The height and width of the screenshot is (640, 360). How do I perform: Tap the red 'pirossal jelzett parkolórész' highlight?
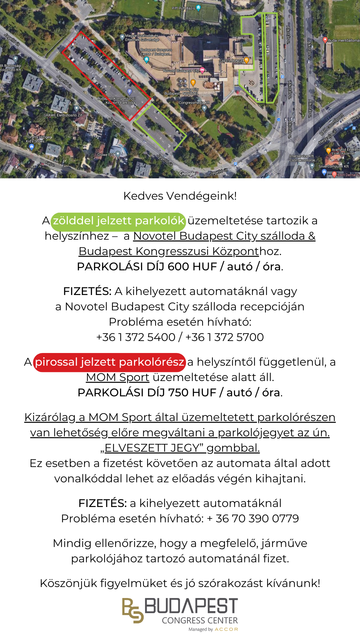tap(109, 362)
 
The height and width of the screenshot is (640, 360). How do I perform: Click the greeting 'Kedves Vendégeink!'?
tap(180, 196)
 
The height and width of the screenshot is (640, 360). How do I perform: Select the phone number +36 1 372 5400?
tap(136, 337)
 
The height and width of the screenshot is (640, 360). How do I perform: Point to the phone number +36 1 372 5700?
tap(224, 337)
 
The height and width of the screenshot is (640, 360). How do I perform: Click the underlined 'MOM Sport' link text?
tap(117, 378)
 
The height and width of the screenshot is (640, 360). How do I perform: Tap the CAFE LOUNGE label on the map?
tap(231, 61)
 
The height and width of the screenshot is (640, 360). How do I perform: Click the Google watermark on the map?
tap(187, 173)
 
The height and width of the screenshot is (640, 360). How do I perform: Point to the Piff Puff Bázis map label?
tap(183, 8)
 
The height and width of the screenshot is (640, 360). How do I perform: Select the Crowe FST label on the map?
tap(106, 155)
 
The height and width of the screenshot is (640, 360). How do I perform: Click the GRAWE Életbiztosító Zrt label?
tap(63, 115)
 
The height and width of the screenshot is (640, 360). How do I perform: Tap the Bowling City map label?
tap(189, 89)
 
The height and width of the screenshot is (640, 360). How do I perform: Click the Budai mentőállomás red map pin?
tap(325, 40)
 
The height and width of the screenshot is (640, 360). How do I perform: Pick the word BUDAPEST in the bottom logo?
tap(191, 606)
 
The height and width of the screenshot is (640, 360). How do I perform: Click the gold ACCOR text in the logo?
tap(226, 629)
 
